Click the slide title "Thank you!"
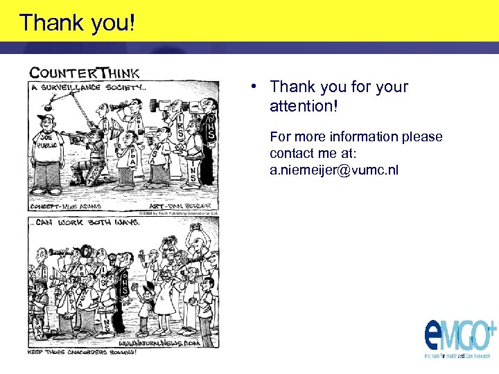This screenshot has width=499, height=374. [77, 23]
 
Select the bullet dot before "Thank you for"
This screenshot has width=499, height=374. [255, 87]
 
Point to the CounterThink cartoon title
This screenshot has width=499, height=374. [84, 72]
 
